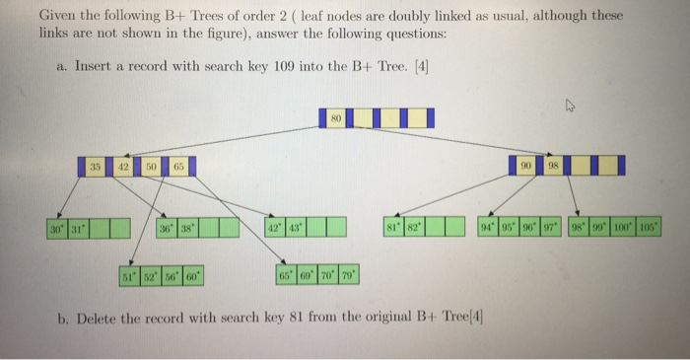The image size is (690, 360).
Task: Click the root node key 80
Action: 335,117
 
